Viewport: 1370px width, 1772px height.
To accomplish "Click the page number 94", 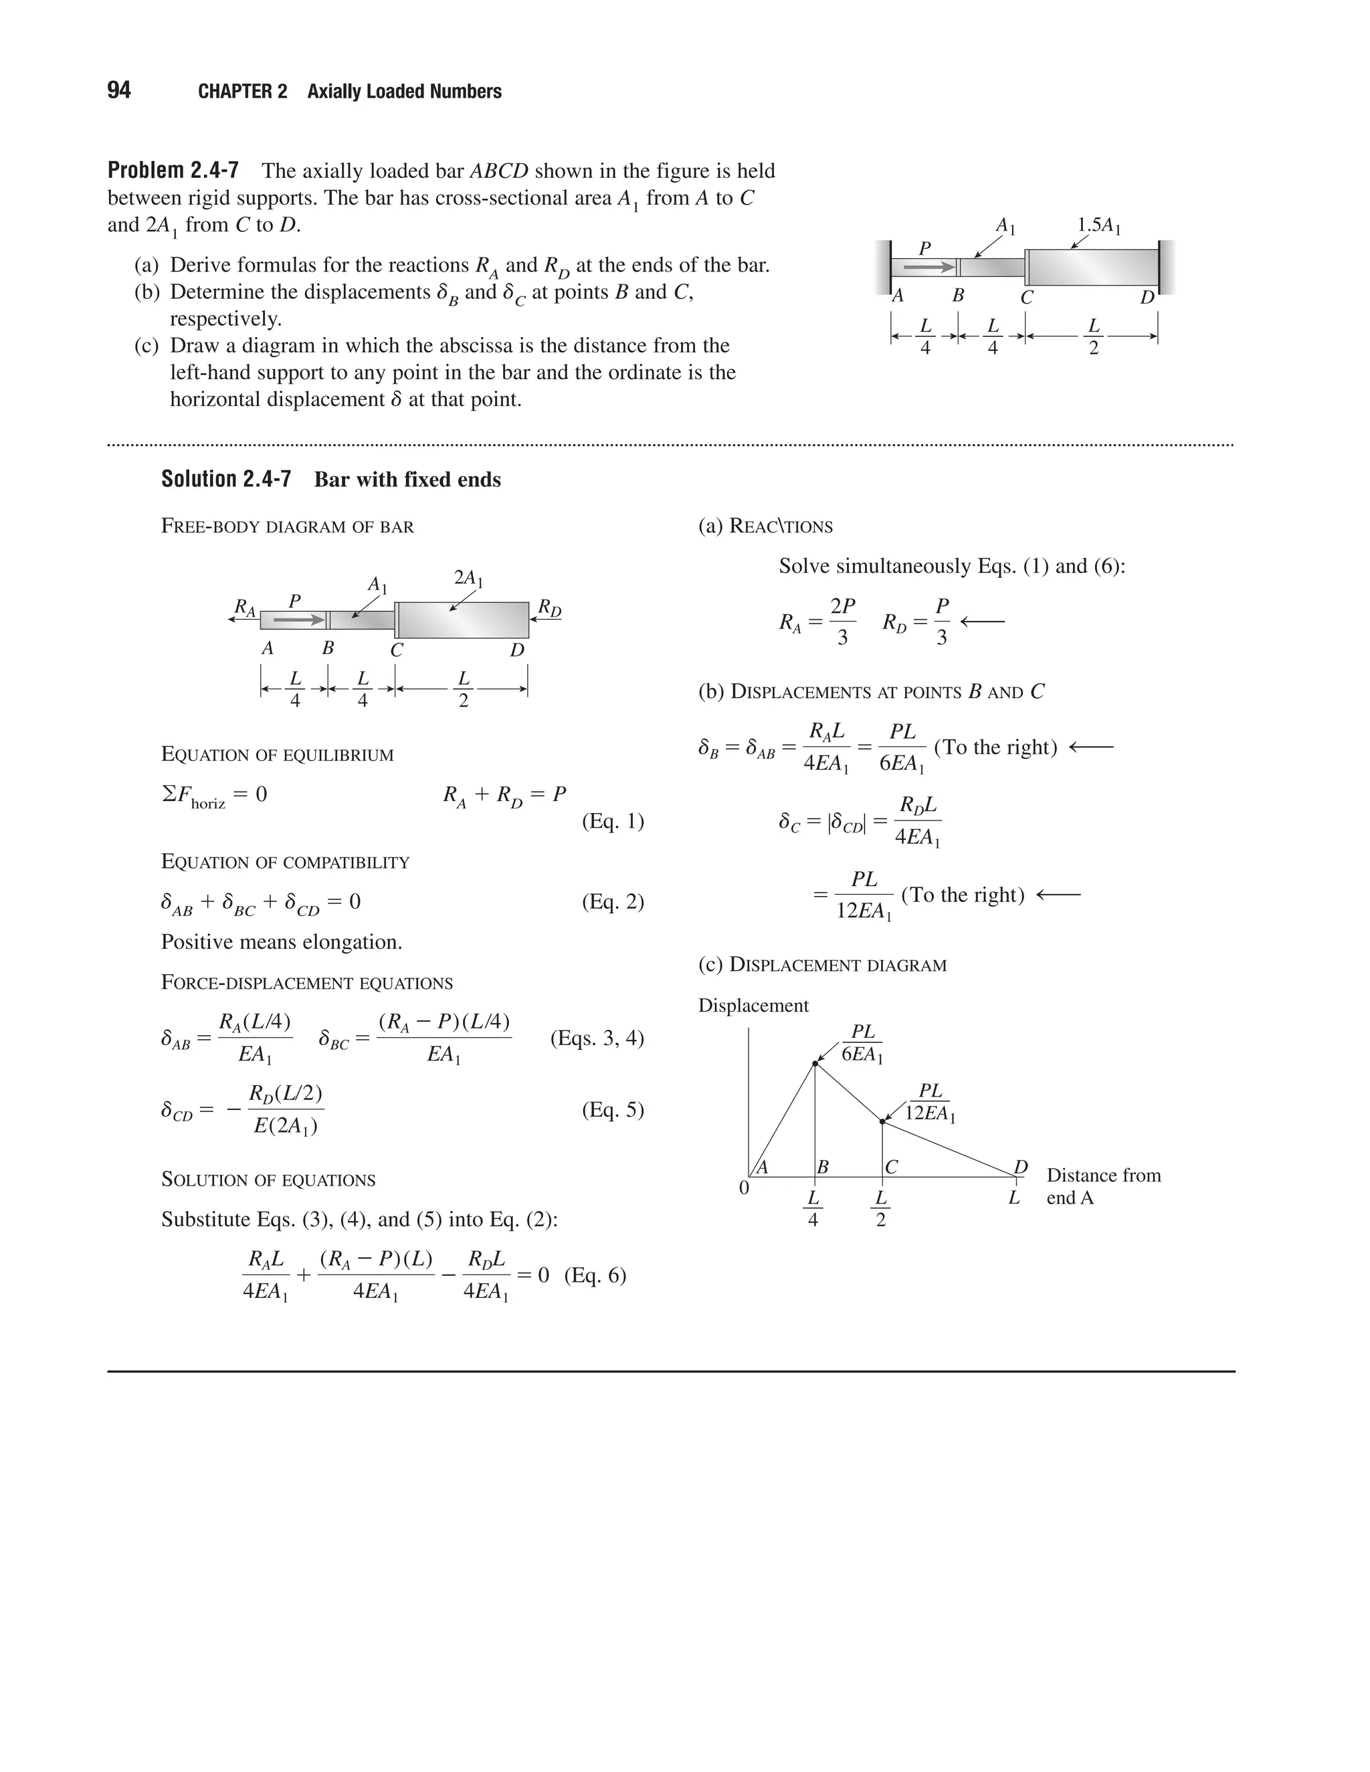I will (x=118, y=90).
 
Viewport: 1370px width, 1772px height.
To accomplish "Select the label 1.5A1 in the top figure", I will (x=1099, y=225).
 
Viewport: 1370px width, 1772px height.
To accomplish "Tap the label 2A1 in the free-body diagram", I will (x=468, y=578).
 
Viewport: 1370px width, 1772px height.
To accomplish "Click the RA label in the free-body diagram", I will (x=244, y=607).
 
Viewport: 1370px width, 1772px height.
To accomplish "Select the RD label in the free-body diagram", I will (x=549, y=608).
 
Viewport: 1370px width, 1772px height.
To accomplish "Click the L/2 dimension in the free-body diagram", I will (x=464, y=689).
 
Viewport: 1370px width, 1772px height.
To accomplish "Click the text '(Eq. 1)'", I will (x=613, y=821).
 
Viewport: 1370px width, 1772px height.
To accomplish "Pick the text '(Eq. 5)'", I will (x=613, y=1109).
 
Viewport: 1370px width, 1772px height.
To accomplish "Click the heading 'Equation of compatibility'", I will (x=285, y=862).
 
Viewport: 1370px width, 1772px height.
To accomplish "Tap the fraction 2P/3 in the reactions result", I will (x=842, y=621).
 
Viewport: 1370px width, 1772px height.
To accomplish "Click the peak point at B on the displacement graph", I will (x=815, y=1063).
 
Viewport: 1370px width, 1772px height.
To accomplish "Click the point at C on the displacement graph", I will (x=882, y=1121).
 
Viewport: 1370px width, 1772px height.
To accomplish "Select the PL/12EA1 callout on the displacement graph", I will (x=930, y=1102).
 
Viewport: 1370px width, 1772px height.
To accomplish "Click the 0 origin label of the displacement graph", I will (x=743, y=1188).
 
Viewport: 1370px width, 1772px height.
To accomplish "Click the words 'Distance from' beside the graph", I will (x=1103, y=1175).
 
